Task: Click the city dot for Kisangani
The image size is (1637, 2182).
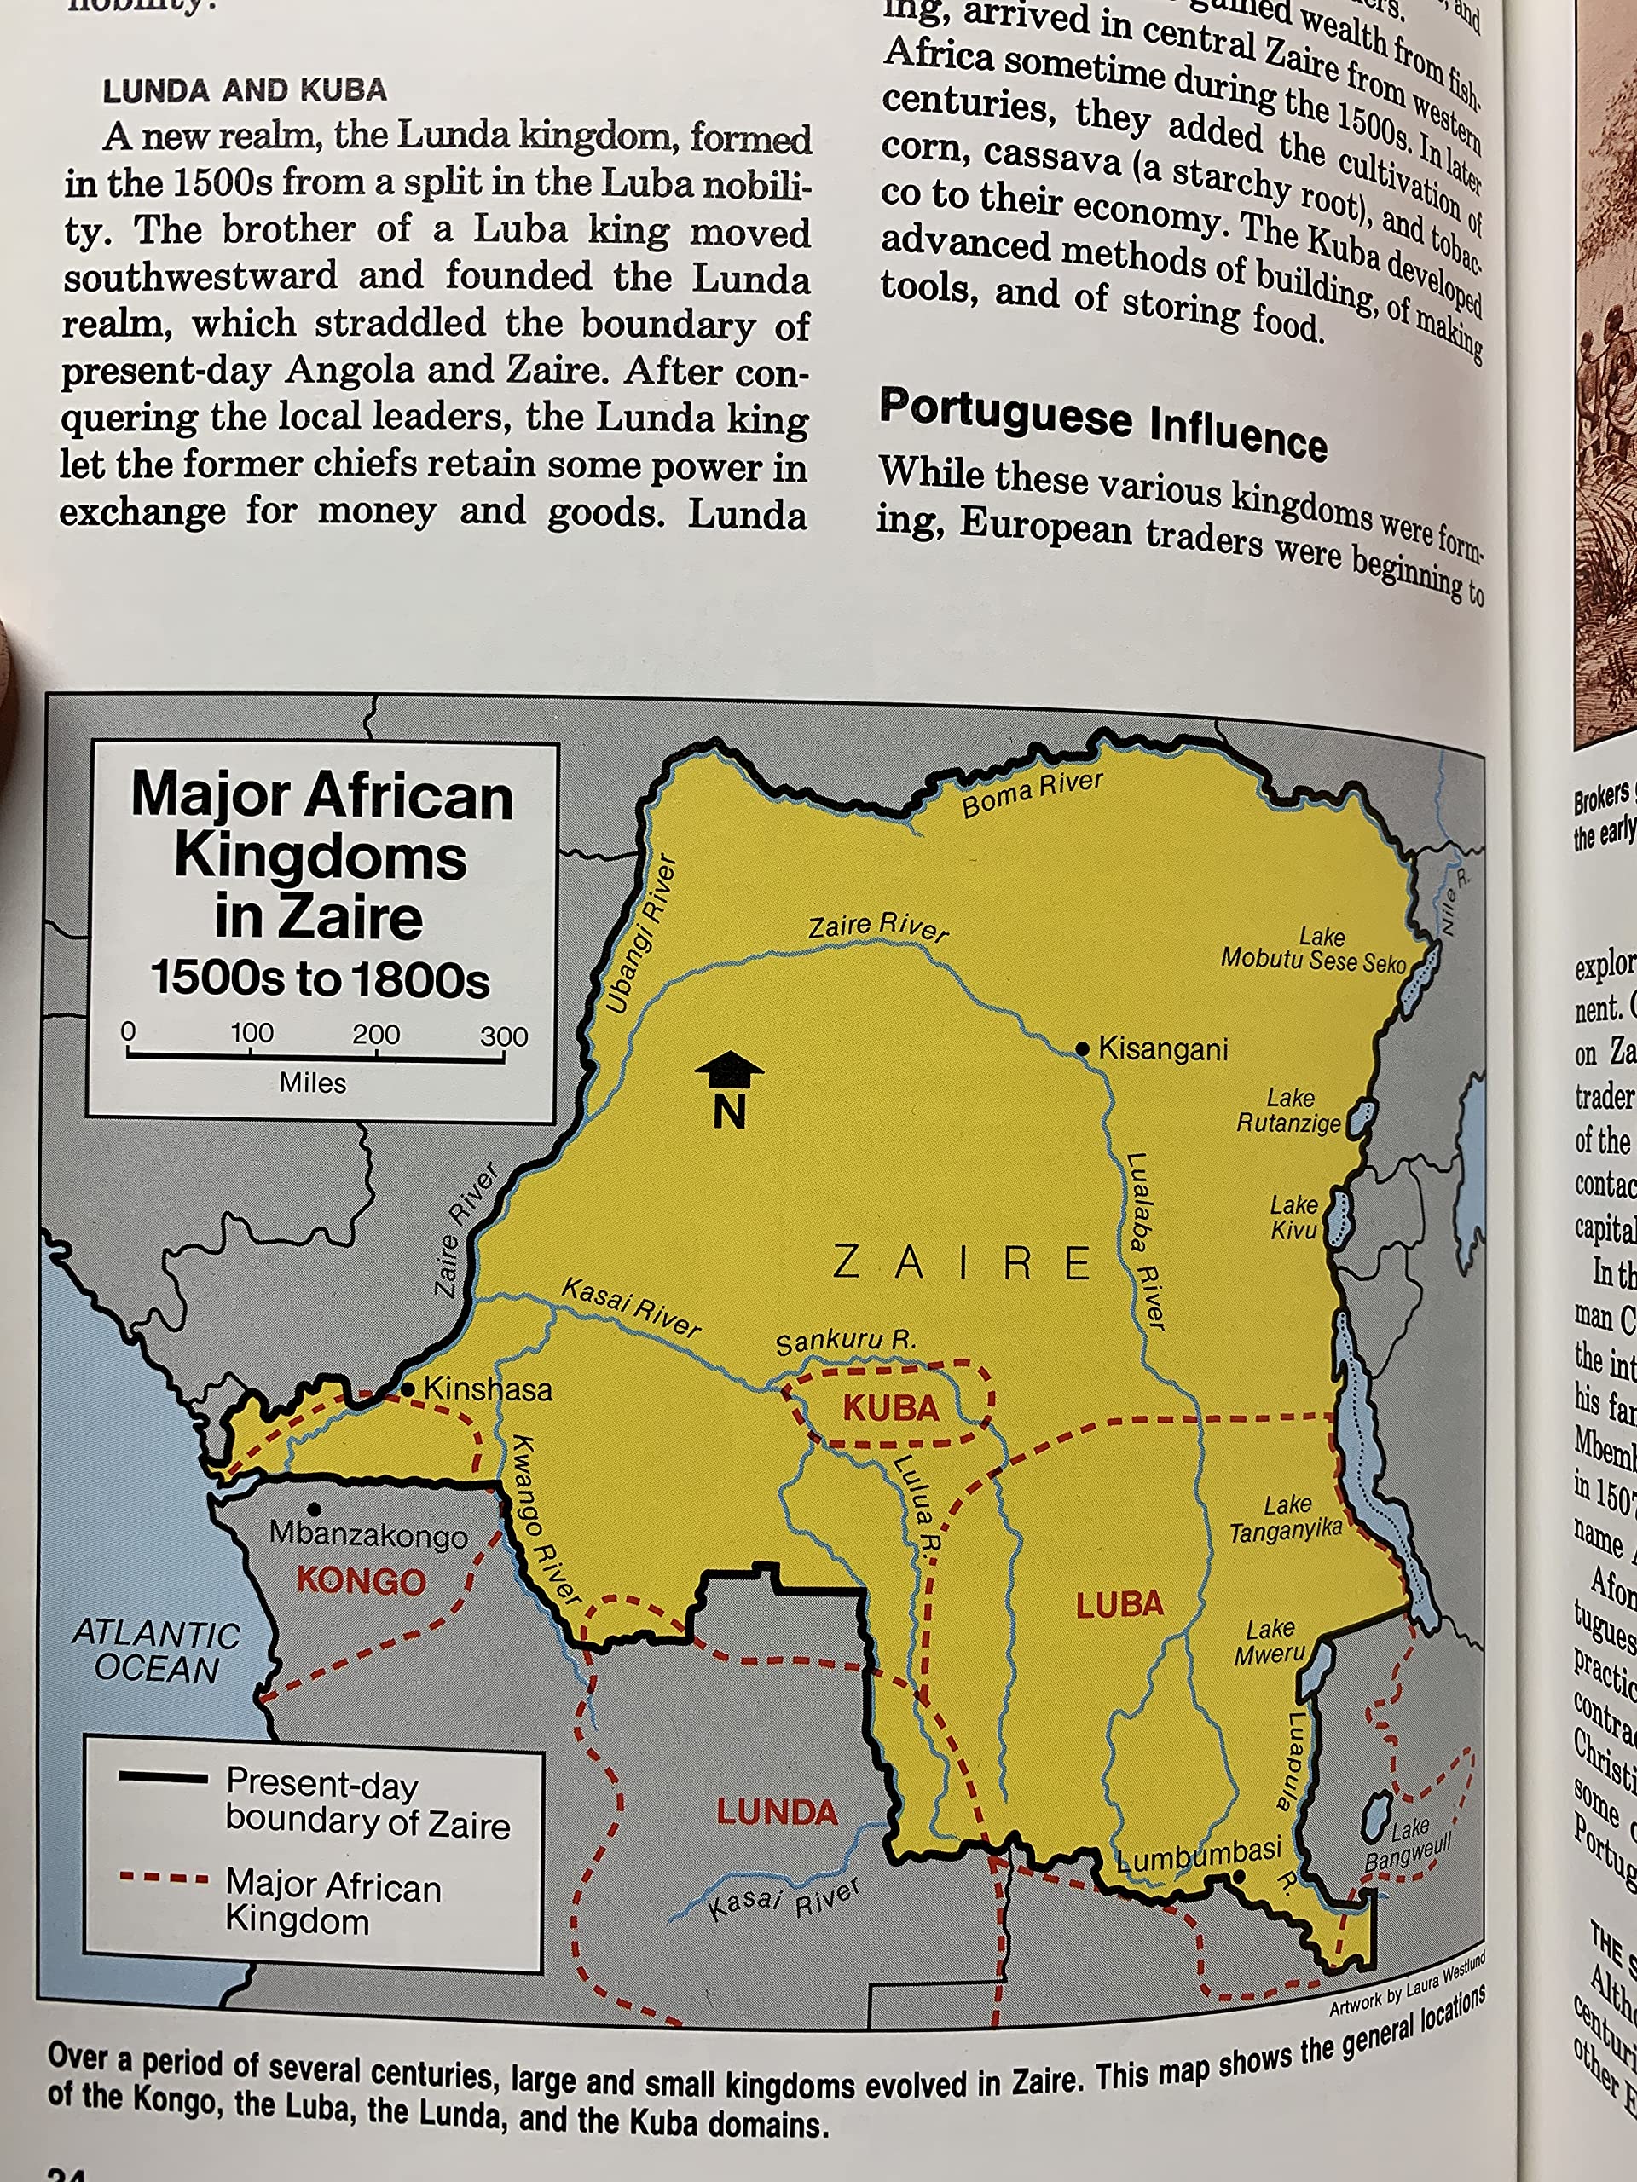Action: [x=1083, y=1048]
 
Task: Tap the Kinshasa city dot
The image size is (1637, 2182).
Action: [x=408, y=1389]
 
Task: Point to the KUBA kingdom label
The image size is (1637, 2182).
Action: [x=890, y=1408]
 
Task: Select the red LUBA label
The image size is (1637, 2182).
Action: [x=1119, y=1606]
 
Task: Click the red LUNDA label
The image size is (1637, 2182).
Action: [x=777, y=1811]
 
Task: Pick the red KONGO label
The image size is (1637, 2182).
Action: [x=362, y=1581]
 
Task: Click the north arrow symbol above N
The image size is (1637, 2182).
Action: [x=728, y=1068]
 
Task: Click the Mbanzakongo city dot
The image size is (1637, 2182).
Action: [x=314, y=1509]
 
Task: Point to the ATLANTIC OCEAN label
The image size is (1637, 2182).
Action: [x=156, y=1651]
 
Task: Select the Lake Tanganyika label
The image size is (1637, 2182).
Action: [x=1286, y=1518]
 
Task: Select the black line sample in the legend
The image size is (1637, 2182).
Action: [x=163, y=1777]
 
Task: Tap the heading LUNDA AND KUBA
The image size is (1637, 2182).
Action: [x=245, y=90]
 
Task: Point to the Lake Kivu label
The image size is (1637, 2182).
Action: [x=1293, y=1217]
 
